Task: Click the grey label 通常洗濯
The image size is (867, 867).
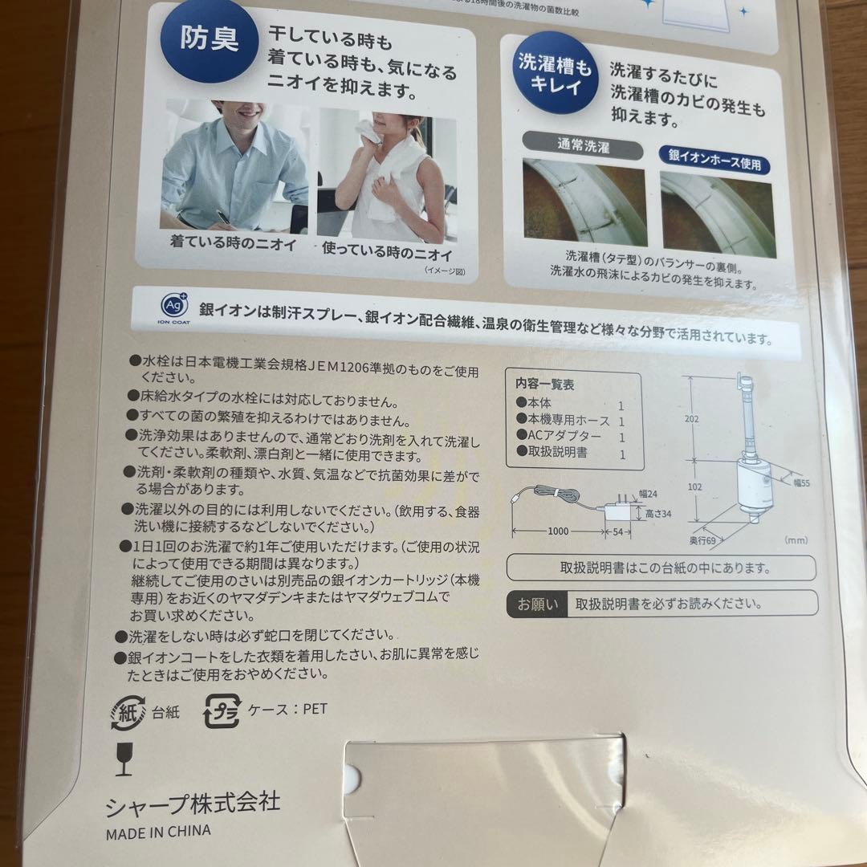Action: coord(582,148)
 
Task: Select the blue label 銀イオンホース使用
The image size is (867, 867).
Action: coord(714,163)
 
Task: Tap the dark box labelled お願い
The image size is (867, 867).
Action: coord(535,603)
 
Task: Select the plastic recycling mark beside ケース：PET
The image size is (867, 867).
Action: coord(222,711)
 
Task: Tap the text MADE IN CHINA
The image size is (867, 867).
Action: coord(158,832)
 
